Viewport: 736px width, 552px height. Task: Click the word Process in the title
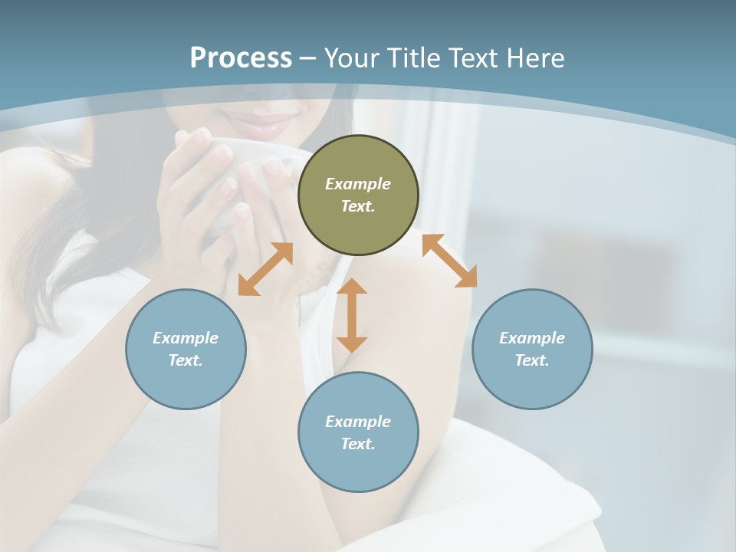(241, 58)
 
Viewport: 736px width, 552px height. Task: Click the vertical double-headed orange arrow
(352, 315)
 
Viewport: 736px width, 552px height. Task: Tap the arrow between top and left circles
(265, 269)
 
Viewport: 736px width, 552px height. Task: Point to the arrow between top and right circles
(449, 261)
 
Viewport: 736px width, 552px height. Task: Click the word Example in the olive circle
(358, 184)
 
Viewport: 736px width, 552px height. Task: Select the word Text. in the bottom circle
(358, 444)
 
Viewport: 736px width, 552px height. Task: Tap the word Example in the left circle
(186, 338)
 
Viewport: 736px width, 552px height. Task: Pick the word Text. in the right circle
(532, 360)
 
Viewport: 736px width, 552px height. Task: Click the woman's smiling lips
(264, 125)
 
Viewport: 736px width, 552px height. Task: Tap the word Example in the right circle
(532, 338)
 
